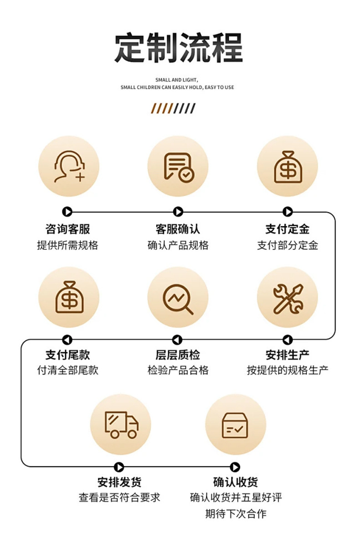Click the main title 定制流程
[x=179, y=48]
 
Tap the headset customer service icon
[x=68, y=167]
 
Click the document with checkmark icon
[x=178, y=167]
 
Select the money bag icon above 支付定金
[x=288, y=167]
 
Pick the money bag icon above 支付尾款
[x=68, y=297]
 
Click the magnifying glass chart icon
[x=178, y=298]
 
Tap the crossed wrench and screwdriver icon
[x=288, y=298]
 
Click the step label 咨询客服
[x=68, y=229]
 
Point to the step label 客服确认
[x=178, y=229]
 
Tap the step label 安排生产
[x=288, y=355]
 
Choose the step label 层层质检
[x=178, y=355]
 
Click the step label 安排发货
[x=119, y=482]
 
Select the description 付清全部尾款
[x=68, y=370]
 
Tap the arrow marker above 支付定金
[x=288, y=212]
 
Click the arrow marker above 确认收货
[x=235, y=467]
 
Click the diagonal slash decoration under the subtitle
[x=173, y=108]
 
